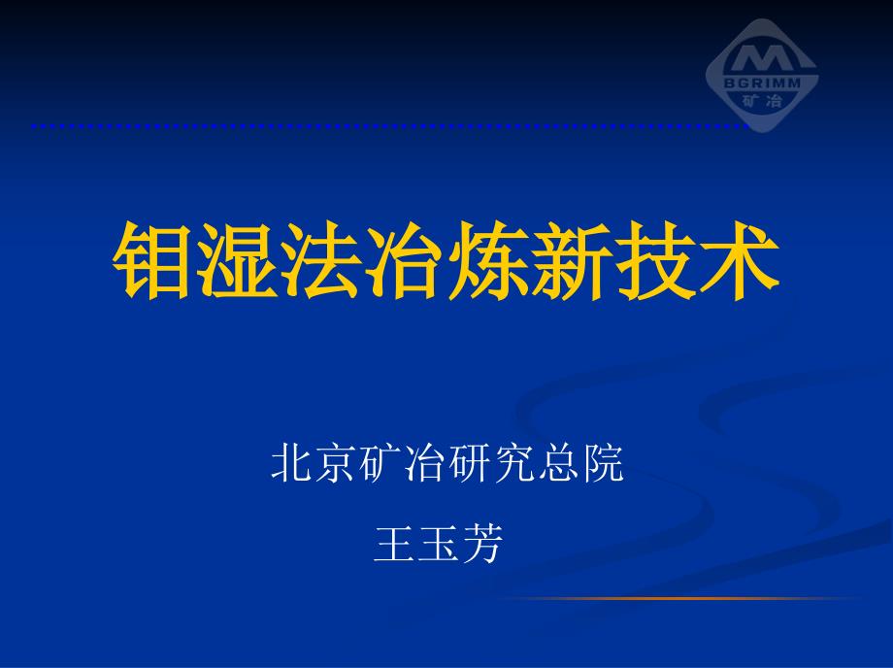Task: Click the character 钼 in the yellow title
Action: click(150, 260)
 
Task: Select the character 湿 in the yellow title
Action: click(236, 260)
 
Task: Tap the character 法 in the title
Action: click(320, 260)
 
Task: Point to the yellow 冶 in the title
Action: click(404, 260)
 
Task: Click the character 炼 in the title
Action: click(488, 260)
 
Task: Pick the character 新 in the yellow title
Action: click(572, 260)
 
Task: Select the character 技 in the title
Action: click(655, 260)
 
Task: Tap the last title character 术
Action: click(740, 260)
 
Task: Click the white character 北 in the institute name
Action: click(290, 462)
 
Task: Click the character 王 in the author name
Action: click(393, 543)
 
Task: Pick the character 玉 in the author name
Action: click(438, 543)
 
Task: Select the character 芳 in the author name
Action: click(482, 543)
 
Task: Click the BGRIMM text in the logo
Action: click(762, 83)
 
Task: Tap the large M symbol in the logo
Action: click(762, 58)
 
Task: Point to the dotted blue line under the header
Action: click(390, 126)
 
